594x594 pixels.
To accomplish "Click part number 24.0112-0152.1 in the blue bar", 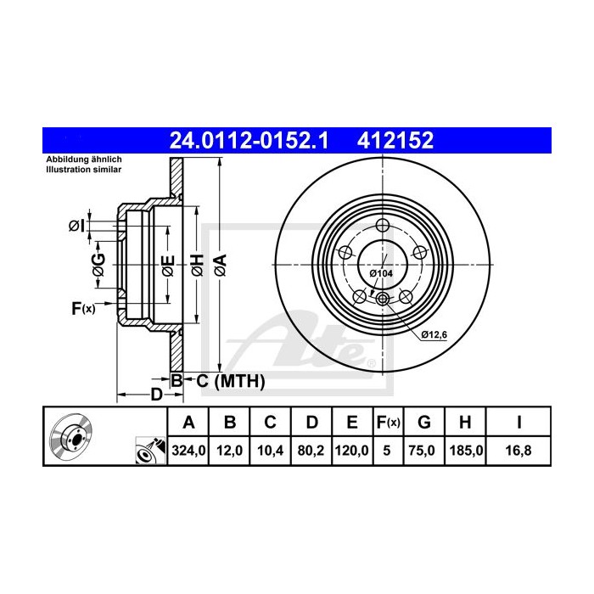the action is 249,141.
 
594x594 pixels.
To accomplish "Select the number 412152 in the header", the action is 395,141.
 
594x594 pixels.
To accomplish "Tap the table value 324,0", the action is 188,451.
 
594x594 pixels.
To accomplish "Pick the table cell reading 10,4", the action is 270,451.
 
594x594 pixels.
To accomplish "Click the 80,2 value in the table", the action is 311,451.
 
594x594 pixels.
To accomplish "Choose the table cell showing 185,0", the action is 466,451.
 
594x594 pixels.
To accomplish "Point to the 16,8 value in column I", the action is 518,451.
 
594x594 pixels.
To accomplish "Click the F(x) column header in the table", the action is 388,422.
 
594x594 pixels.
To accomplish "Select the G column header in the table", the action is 424,422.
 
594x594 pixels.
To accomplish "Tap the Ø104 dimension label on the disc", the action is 381,273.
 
